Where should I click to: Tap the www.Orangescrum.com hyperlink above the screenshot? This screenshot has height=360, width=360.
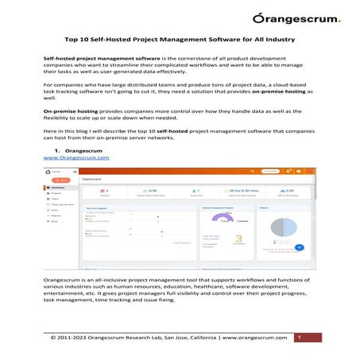pos(75,158)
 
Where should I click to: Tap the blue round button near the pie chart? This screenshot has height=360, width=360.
pos(299,246)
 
